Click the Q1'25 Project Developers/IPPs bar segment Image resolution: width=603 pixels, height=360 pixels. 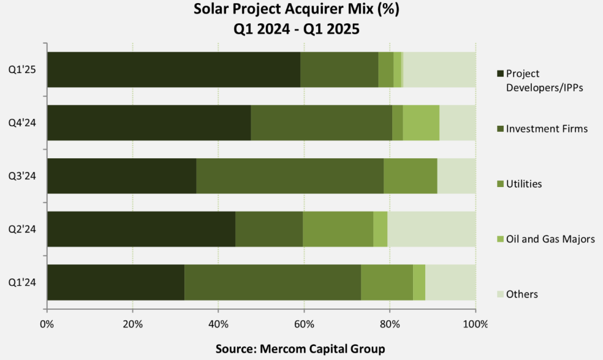(x=173, y=69)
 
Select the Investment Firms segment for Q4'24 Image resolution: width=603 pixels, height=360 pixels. (x=321, y=123)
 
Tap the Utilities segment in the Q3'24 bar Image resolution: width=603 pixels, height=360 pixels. (x=410, y=176)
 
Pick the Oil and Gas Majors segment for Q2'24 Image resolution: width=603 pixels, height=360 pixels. (x=380, y=229)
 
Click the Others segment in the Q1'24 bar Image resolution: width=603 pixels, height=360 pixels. (x=450, y=283)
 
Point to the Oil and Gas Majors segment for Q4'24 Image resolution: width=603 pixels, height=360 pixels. (x=421, y=123)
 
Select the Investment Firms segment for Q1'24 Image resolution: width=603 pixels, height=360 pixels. (x=273, y=283)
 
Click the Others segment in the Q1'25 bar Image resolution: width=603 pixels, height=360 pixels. (x=439, y=69)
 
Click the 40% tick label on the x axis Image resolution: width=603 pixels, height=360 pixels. (x=218, y=324)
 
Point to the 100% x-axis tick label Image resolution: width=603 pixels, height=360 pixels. (x=476, y=324)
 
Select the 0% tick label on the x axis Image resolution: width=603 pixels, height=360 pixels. (x=47, y=324)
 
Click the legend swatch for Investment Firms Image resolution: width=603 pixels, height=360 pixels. (x=499, y=129)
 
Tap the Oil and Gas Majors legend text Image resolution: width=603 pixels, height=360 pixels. (x=550, y=239)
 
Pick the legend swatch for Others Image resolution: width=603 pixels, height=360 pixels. (x=499, y=294)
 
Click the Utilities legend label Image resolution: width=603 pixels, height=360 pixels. (x=524, y=184)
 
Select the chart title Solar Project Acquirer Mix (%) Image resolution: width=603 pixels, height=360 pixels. (x=300, y=10)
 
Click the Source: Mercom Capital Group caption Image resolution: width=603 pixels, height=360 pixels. (x=300, y=349)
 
